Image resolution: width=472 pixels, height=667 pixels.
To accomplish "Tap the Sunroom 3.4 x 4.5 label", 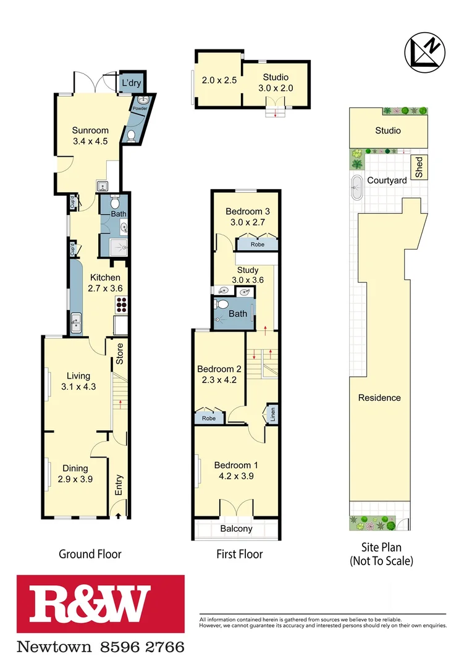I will click(x=90, y=135).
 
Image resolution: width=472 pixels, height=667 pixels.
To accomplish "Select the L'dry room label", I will click(x=130, y=83).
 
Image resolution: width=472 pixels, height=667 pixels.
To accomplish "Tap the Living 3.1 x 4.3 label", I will click(x=78, y=381).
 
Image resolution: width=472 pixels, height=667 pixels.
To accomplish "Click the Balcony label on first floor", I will click(x=236, y=529).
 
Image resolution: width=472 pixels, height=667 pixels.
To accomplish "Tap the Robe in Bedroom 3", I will click(x=257, y=245).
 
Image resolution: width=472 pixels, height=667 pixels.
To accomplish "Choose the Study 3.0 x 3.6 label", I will click(x=245, y=275).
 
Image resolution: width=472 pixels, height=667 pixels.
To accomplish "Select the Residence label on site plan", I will click(x=379, y=398).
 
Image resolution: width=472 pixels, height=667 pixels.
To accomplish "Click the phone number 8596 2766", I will click(x=142, y=647).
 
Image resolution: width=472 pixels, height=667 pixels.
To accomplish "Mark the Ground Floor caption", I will click(x=90, y=554).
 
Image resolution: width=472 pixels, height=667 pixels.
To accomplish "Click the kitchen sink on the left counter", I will click(x=77, y=322).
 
